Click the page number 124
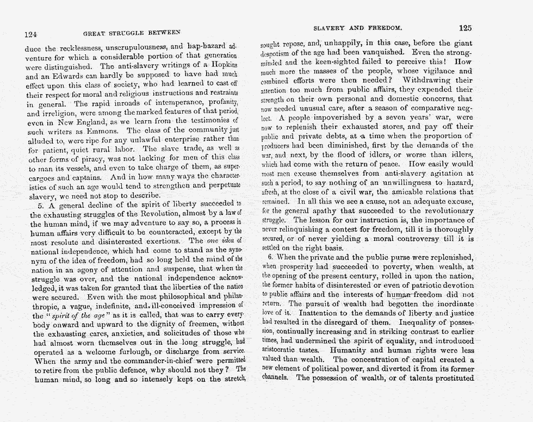(x=31, y=34)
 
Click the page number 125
(x=466, y=28)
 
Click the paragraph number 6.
(x=269, y=256)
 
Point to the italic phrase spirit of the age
(x=83, y=315)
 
